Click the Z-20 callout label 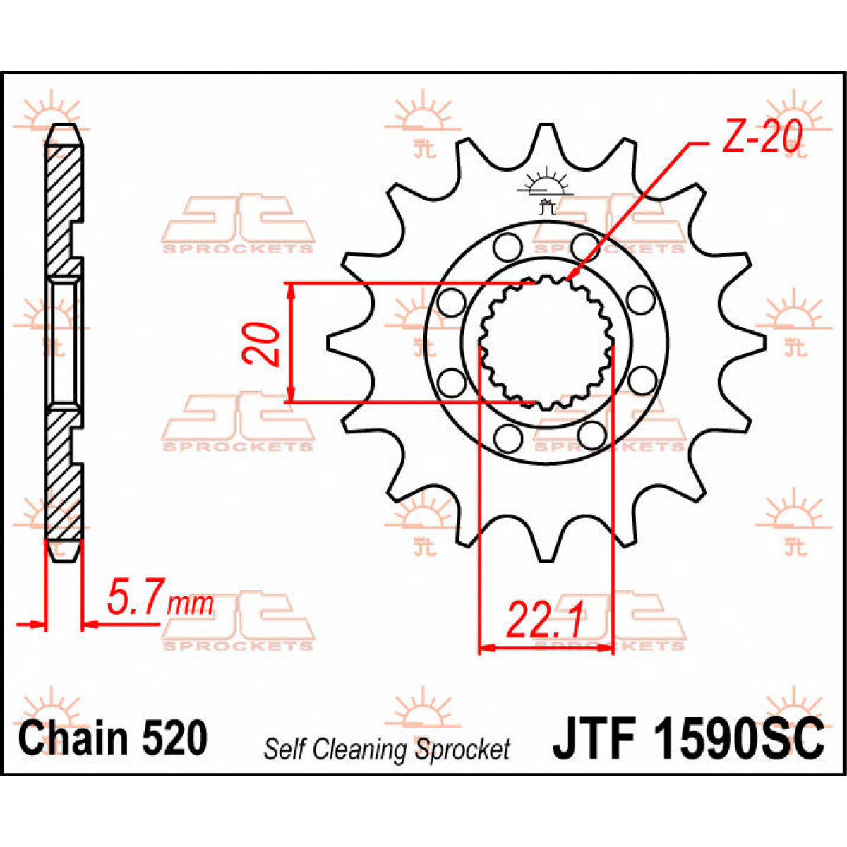(x=761, y=138)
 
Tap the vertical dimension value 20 (x=262, y=344)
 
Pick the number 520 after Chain (x=175, y=738)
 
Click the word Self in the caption (x=284, y=749)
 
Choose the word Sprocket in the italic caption (x=462, y=749)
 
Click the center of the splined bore (x=546, y=343)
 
